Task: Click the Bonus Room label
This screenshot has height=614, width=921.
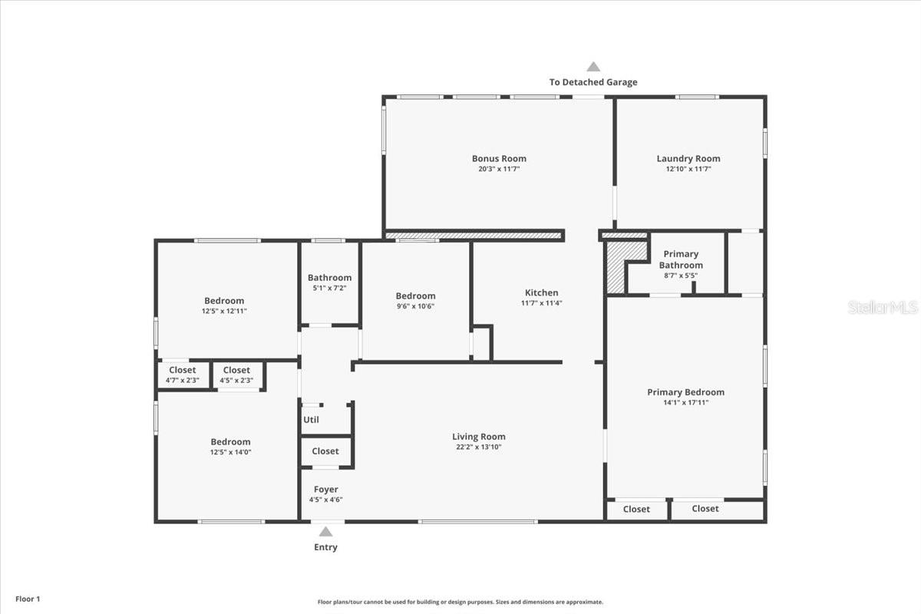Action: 499,159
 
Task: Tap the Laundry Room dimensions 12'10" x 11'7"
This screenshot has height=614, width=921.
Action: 688,169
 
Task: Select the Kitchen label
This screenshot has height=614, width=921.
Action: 541,292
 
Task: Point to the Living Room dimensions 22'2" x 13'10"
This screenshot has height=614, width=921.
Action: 478,447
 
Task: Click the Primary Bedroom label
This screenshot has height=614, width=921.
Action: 685,392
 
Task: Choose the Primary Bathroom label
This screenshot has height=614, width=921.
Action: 681,259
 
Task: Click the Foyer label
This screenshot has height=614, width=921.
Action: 325,490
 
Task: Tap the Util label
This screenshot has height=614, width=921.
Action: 311,420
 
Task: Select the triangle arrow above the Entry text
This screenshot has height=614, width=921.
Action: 325,531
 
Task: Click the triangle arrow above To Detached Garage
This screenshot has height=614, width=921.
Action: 593,67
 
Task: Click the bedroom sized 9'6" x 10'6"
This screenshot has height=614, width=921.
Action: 415,300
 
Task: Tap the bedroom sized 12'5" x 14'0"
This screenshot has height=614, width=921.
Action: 230,447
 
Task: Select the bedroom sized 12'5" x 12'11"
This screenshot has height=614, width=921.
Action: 224,305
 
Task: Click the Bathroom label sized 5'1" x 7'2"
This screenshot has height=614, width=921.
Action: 329,282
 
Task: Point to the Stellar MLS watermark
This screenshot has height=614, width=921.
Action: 883,307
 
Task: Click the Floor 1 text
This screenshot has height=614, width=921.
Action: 27,599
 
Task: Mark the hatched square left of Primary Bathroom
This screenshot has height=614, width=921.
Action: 616,267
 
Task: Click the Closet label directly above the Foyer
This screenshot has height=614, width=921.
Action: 325,451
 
